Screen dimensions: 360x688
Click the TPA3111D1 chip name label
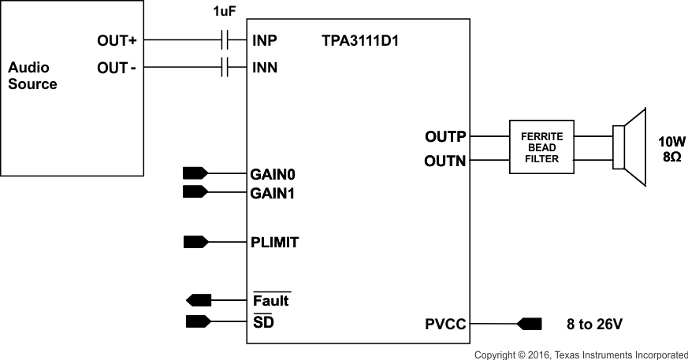point(360,40)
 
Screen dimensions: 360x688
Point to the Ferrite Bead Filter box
point(542,147)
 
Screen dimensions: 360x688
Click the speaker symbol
point(630,147)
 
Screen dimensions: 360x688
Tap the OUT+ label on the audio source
point(117,40)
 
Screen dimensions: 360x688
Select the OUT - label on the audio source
point(117,69)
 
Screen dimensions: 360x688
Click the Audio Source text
point(32,76)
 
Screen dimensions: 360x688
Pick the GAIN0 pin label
point(273,174)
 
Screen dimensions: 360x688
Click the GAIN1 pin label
point(273,193)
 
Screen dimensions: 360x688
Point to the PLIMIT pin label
point(275,243)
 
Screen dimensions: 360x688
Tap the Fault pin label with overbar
point(271,300)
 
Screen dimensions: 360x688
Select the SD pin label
point(263,322)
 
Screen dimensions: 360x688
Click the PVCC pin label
point(445,324)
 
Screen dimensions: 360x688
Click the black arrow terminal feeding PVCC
point(528,324)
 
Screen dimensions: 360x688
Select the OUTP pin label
point(445,137)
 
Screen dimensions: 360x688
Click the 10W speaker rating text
point(672,142)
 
